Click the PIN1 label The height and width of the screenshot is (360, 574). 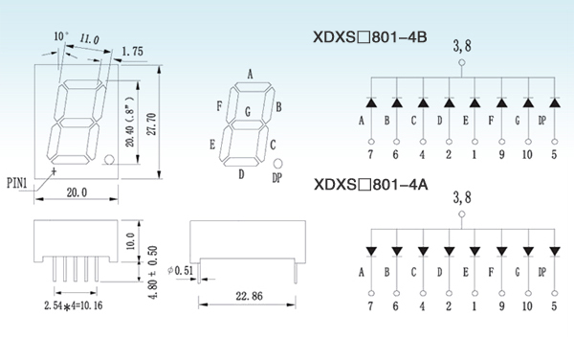point(17,183)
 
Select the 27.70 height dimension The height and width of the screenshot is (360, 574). point(151,124)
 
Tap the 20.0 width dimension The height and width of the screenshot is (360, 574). point(77,192)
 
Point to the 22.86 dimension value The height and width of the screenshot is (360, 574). point(250,296)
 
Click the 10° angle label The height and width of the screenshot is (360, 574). point(61,36)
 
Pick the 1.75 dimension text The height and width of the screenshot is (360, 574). point(133,52)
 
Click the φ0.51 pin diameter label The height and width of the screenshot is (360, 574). point(180,270)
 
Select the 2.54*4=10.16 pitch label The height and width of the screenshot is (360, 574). point(74,305)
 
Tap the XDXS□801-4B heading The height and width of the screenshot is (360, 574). point(369,37)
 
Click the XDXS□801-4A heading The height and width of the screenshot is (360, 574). point(370,184)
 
